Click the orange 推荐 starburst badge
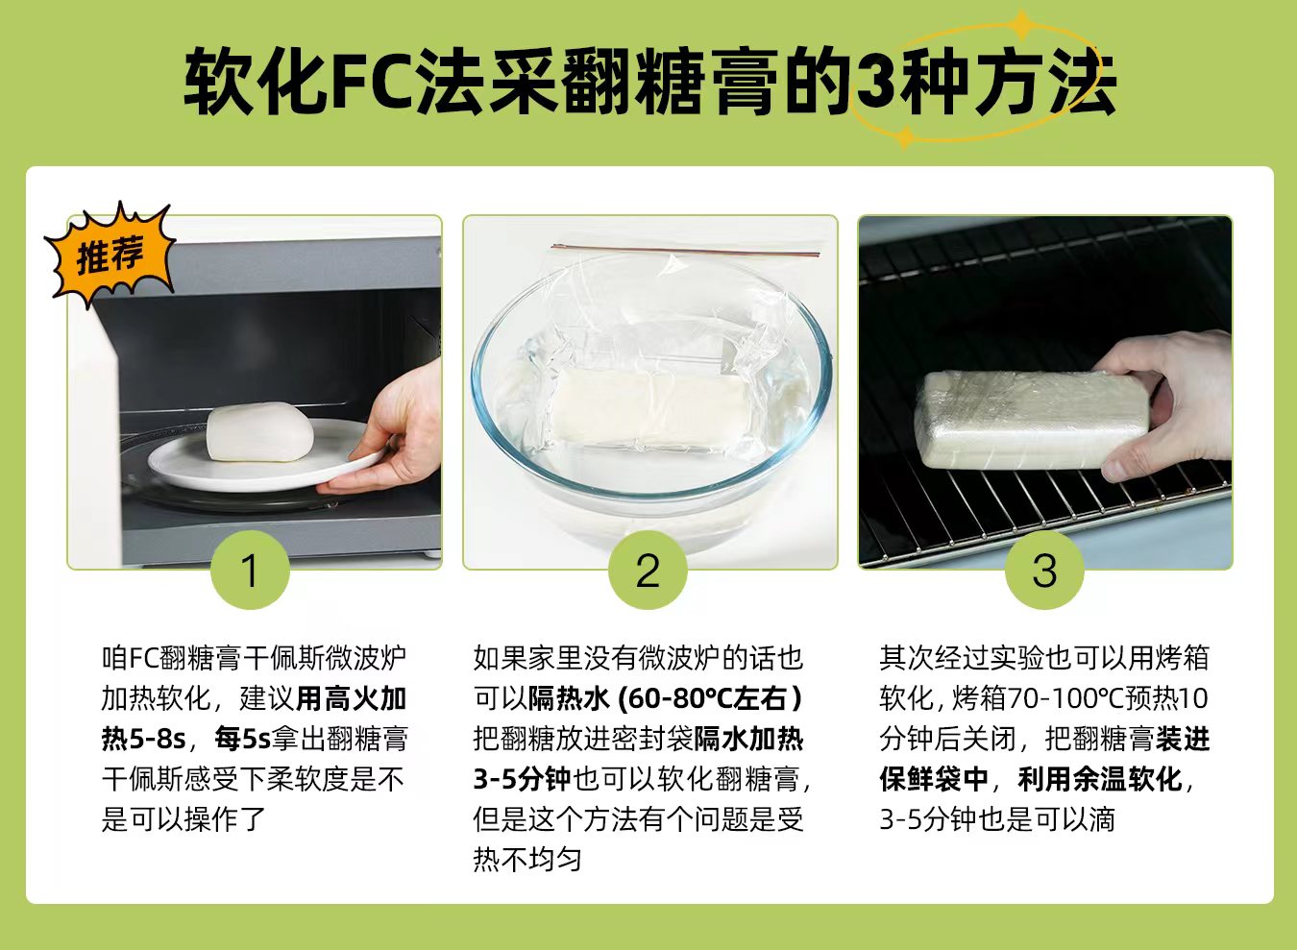[x=110, y=255]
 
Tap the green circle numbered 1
[x=250, y=570]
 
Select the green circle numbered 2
[x=648, y=570]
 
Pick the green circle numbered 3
[x=1044, y=570]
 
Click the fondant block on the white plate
[x=260, y=432]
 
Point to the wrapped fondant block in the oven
[x=1031, y=420]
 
